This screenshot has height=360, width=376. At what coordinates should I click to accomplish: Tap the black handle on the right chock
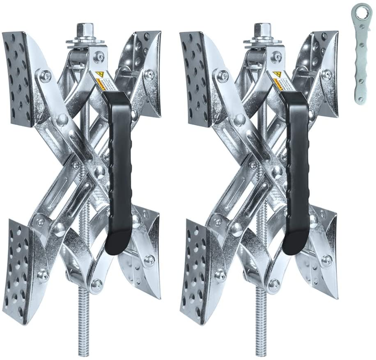click(295, 173)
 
